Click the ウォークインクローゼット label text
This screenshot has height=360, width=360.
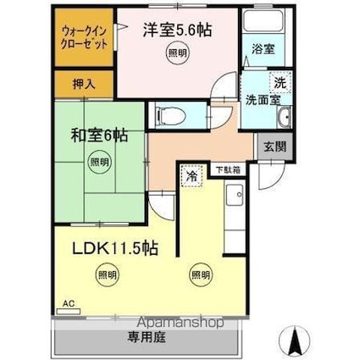pyautogui.click(x=85, y=37)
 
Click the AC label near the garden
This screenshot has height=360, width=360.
pyautogui.click(x=69, y=302)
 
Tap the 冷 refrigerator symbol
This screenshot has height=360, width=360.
pyautogui.click(x=191, y=176)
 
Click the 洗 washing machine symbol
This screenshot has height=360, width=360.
pyautogui.click(x=280, y=82)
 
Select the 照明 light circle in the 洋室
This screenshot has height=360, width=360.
pyautogui.click(x=174, y=53)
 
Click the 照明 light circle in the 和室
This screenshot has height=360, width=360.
pyautogui.click(x=100, y=163)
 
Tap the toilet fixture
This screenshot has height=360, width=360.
pyautogui.click(x=167, y=114)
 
